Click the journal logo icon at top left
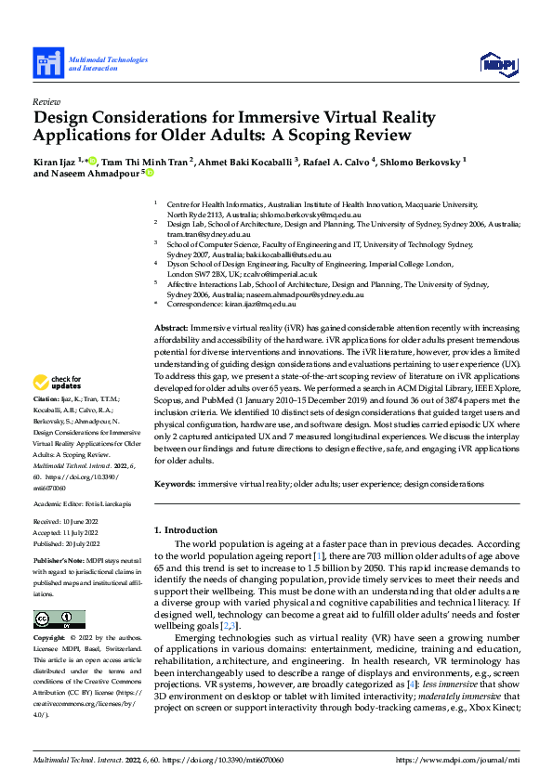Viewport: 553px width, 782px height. click(48, 63)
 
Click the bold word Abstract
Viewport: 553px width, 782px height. click(170, 328)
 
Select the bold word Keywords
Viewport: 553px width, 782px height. click(175, 484)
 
